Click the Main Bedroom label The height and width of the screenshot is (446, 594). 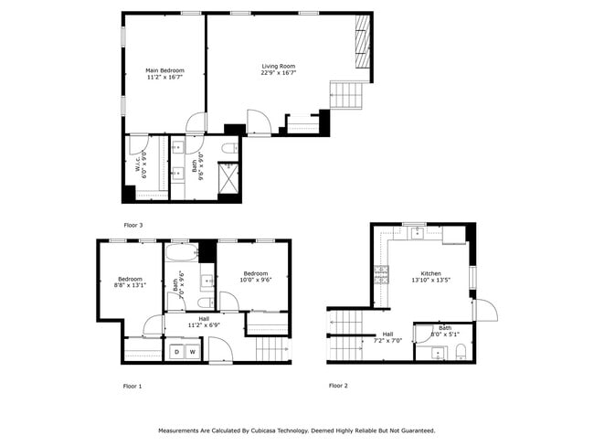(164, 74)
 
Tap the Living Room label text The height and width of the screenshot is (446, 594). (279, 69)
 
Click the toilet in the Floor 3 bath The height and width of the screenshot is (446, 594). (229, 147)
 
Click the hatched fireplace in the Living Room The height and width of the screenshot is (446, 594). (363, 41)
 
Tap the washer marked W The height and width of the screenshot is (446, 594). (192, 352)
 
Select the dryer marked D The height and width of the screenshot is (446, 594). (175, 352)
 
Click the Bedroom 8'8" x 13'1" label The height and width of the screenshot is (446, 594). (130, 281)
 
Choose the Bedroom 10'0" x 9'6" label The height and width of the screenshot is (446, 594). (255, 277)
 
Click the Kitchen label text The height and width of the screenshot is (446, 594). (430, 277)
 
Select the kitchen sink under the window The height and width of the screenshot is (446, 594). (417, 232)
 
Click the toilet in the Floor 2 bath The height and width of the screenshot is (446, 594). (461, 351)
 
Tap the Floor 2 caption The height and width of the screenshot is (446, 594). (338, 386)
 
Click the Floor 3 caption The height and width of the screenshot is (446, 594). (133, 224)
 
